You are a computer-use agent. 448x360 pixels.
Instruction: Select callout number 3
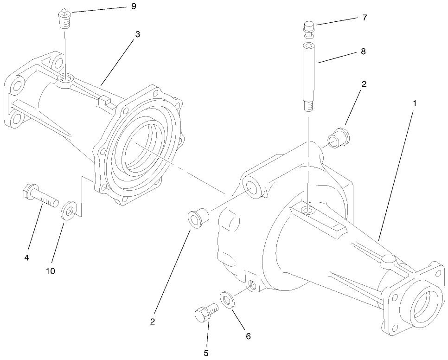click(x=137, y=34)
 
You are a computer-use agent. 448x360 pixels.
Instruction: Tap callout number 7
click(x=365, y=18)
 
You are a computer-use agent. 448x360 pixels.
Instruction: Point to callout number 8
click(x=363, y=51)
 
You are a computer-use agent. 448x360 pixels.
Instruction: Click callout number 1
click(x=414, y=103)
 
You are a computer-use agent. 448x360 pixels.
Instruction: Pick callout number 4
click(x=26, y=257)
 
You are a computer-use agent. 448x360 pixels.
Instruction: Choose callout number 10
click(x=50, y=271)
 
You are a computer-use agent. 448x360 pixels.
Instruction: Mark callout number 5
click(x=206, y=353)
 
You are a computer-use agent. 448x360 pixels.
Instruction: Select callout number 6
click(x=248, y=336)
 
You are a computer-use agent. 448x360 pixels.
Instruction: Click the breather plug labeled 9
click(x=64, y=19)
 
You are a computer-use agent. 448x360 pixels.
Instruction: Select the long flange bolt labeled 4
click(x=39, y=196)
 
